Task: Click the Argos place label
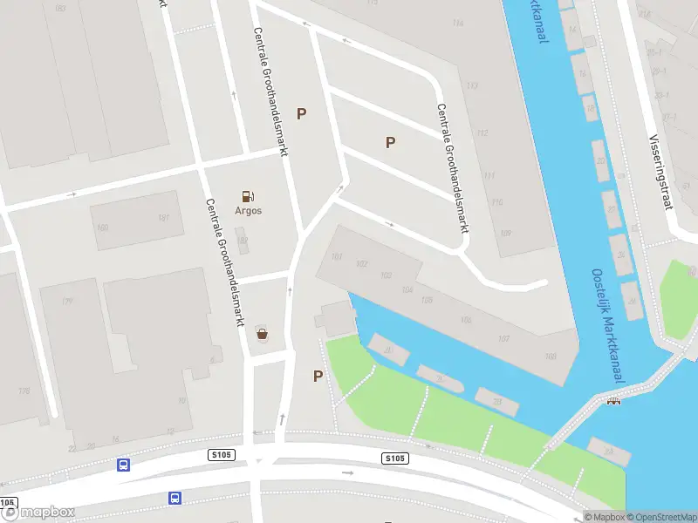tap(248, 210)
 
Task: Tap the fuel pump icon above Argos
tap(248, 196)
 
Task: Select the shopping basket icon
tap(262, 332)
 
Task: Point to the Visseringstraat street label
tap(660, 173)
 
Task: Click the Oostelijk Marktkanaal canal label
tap(607, 323)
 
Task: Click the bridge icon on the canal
tap(613, 401)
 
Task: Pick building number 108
tap(550, 356)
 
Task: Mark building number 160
tap(102, 228)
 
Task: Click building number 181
tap(163, 217)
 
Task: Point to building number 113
tap(472, 85)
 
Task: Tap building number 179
tap(66, 302)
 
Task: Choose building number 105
tap(426, 300)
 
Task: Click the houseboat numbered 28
tap(496, 401)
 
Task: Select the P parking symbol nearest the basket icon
tap(318, 376)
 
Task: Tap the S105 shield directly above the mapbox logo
tap(7, 504)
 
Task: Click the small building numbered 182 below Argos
tap(243, 241)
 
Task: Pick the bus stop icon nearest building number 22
tap(124, 465)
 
